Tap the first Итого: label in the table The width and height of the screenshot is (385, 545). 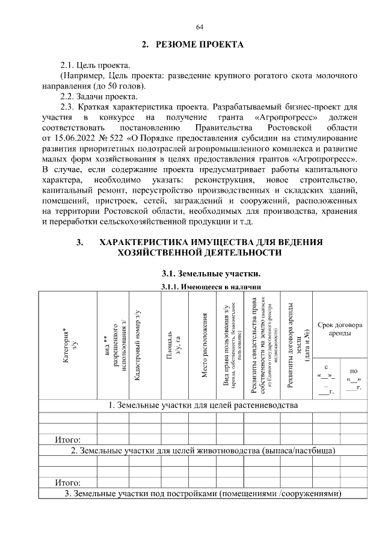[68, 440]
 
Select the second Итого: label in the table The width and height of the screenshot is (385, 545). [68, 483]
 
